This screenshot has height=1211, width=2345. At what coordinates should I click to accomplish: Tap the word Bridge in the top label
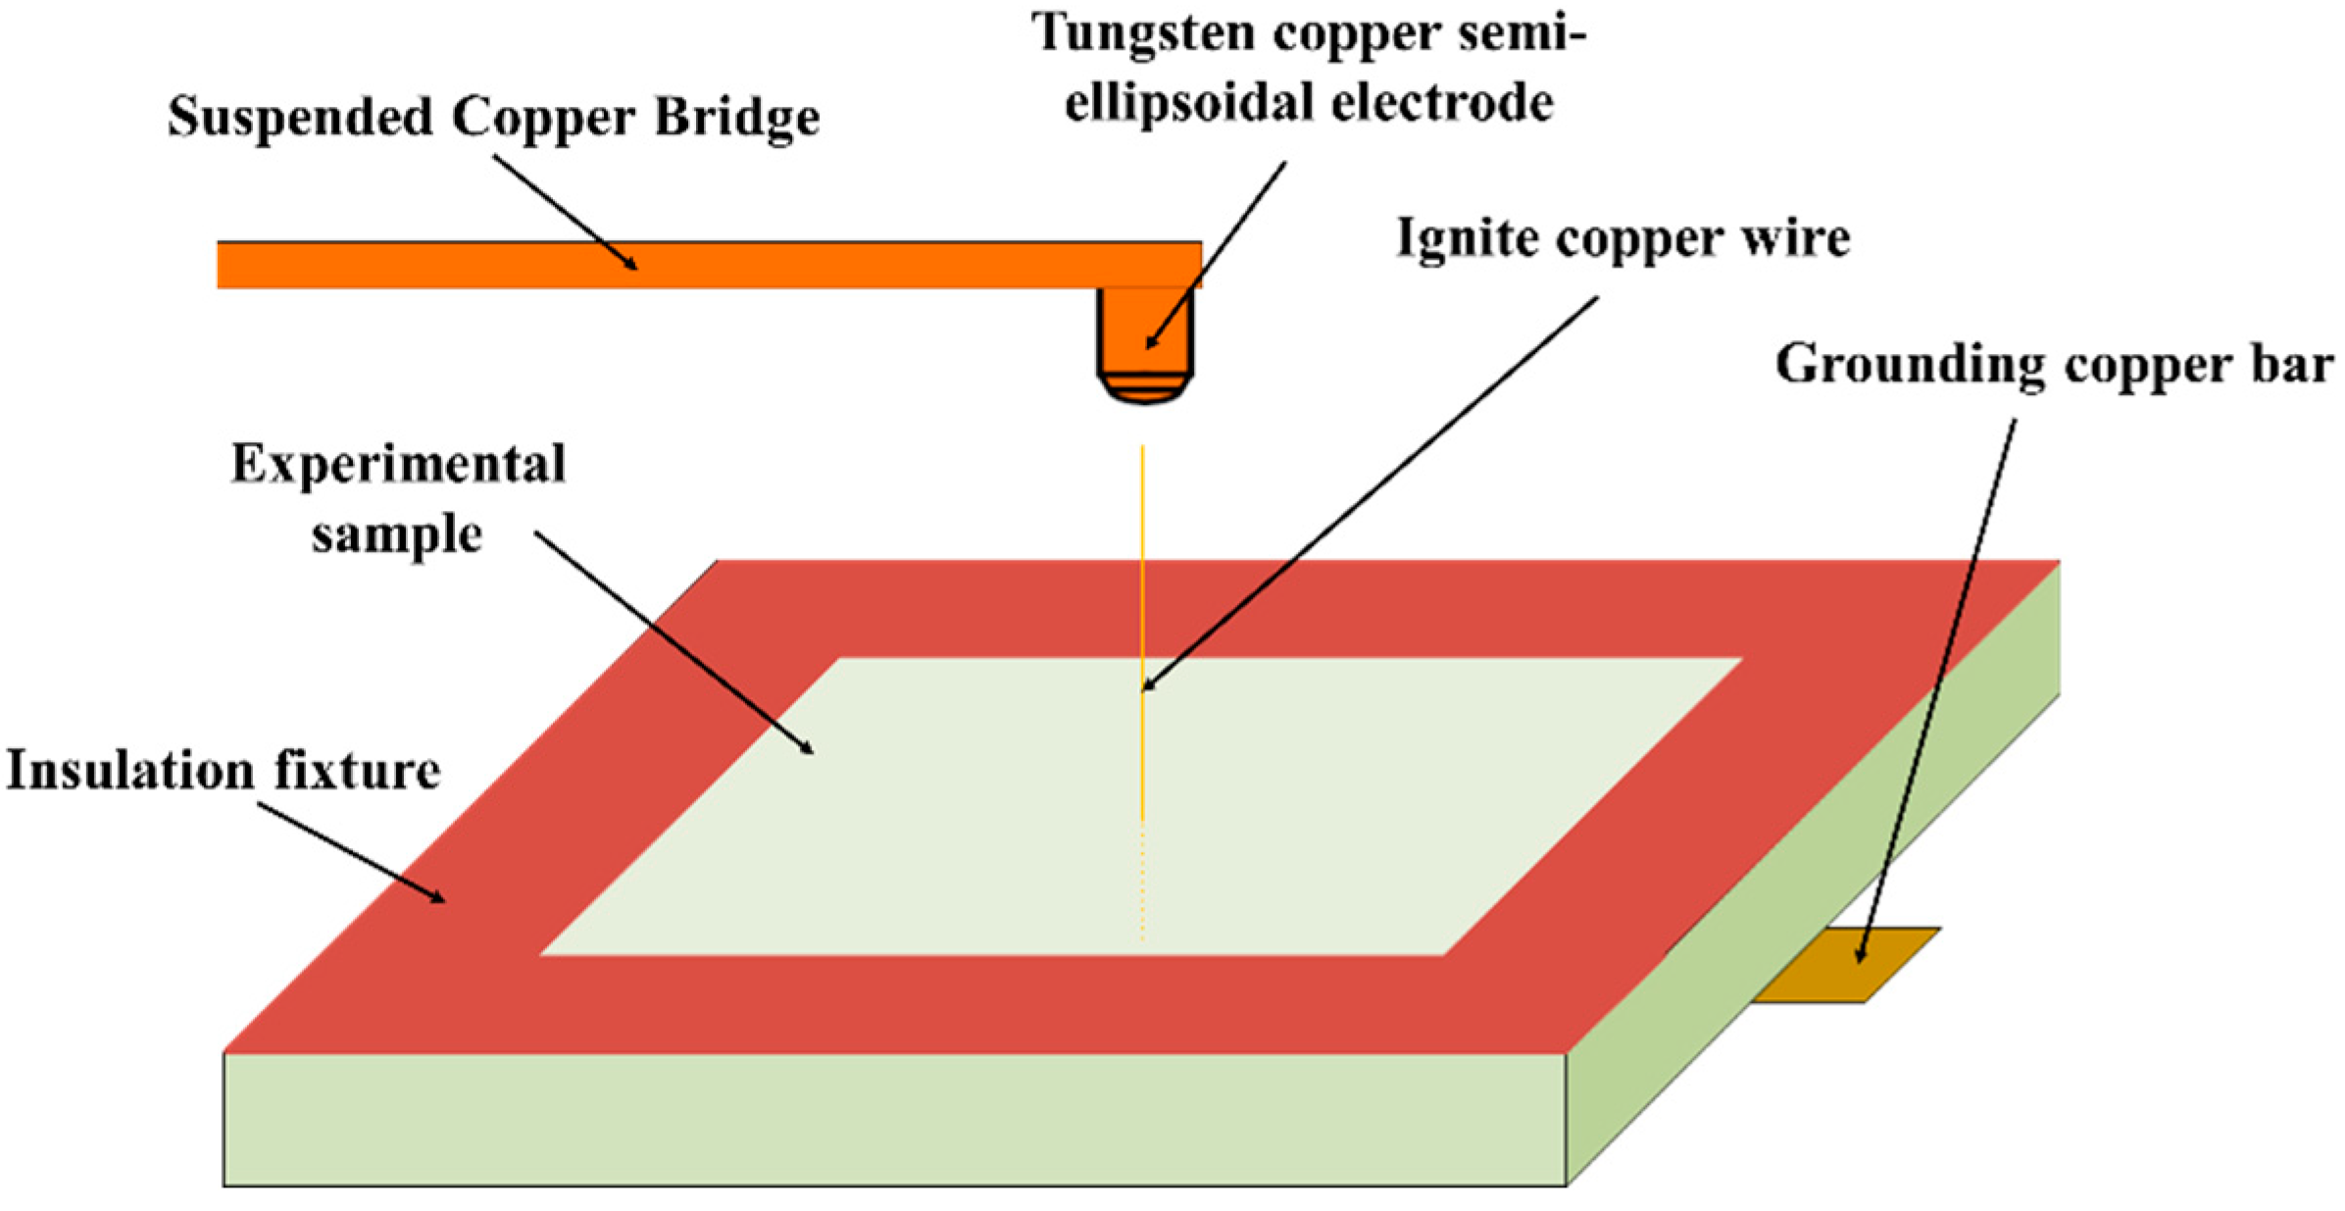pyautogui.click(x=736, y=119)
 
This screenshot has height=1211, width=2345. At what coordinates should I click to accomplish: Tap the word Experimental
pyautogui.click(x=398, y=465)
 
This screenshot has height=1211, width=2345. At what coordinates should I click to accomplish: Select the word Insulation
pyautogui.click(x=132, y=771)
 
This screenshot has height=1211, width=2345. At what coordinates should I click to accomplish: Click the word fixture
pyautogui.click(x=357, y=771)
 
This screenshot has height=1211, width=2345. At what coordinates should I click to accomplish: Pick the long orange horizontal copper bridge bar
pyautogui.click(x=686, y=265)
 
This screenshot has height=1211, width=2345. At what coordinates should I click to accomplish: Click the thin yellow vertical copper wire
pyautogui.click(x=1142, y=588)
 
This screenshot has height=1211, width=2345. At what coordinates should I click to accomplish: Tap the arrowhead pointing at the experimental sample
pyautogui.click(x=807, y=748)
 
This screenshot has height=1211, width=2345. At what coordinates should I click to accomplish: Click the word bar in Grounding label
pyautogui.click(x=2294, y=366)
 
